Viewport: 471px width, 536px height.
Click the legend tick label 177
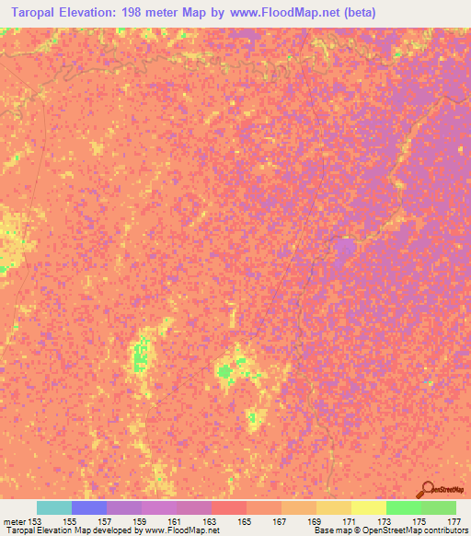pyautogui.click(x=454, y=520)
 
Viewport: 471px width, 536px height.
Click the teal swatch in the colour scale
pyautogui.click(x=54, y=507)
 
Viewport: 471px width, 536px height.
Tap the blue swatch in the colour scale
pyautogui.click(x=89, y=507)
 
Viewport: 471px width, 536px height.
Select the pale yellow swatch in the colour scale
pyautogui.click(x=369, y=507)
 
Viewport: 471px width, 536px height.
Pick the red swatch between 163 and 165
pyautogui.click(x=229, y=507)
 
